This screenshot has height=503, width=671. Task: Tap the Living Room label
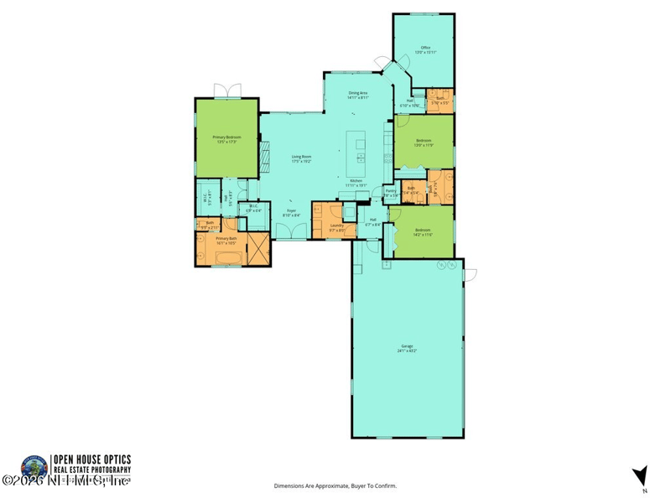point(301,158)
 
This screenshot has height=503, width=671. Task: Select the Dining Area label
point(358,95)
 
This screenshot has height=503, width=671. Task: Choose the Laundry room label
point(338,226)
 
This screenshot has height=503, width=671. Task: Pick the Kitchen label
point(356,183)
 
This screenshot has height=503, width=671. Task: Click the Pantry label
point(390,192)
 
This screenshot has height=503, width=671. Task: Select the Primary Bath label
point(227,241)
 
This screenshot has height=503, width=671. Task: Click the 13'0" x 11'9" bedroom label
point(424,143)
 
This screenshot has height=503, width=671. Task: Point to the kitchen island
point(360,150)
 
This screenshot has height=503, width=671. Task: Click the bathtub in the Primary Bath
point(221,258)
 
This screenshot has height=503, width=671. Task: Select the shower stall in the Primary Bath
point(261,249)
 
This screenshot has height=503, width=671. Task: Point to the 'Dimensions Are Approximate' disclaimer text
point(335,485)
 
